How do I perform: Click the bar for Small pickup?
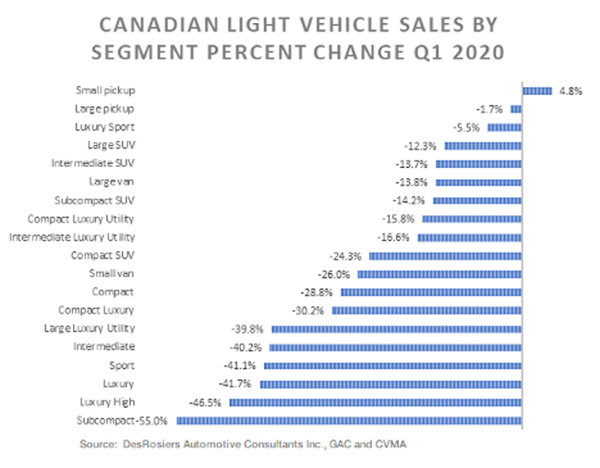pos(537,90)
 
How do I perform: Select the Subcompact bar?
pos(350,420)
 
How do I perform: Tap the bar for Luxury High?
pos(376,402)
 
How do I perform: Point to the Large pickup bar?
pos(516,109)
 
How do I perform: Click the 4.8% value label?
pos(569,90)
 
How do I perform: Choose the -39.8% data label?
pos(247,329)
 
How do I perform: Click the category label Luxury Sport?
pos(104,127)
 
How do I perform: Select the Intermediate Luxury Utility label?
pos(72,237)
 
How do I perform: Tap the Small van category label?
pos(112,273)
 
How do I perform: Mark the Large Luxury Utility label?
pos(90,329)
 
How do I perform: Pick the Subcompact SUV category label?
pos(95,200)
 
